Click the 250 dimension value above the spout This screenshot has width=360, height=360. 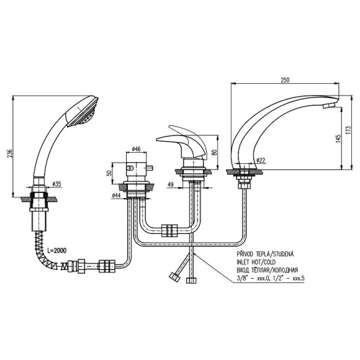point(285,80)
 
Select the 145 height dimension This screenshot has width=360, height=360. point(338,138)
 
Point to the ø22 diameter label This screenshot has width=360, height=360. point(261,160)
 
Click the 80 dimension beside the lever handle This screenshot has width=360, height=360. point(214,152)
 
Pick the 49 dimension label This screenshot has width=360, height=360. point(171,184)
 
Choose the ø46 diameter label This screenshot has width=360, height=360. point(137,149)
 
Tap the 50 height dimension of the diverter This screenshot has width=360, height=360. point(110,173)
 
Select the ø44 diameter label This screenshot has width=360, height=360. point(117,196)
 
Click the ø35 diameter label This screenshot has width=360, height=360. point(56,184)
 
